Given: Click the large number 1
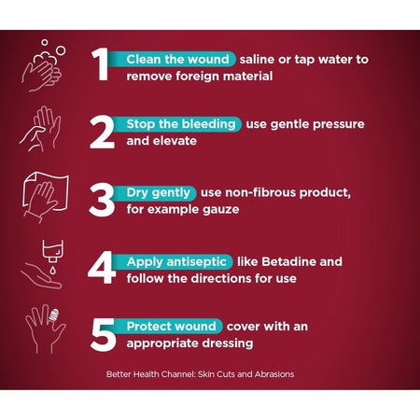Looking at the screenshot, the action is click(100, 64).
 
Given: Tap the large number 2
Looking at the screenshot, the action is click(102, 133).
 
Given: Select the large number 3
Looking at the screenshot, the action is click(102, 200).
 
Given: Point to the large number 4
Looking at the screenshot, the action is click(102, 268).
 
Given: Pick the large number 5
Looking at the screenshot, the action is click(104, 335).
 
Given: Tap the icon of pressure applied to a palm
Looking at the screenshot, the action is click(40, 129).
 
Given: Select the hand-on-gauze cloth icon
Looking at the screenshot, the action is click(46, 197).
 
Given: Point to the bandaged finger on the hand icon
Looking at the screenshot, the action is click(53, 315).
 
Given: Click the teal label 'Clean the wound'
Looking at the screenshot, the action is click(177, 59).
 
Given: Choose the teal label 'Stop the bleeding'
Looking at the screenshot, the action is click(180, 124).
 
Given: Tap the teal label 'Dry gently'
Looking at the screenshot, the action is click(158, 192).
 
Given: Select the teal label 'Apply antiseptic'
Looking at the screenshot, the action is click(176, 261).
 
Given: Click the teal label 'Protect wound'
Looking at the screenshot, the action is click(171, 327).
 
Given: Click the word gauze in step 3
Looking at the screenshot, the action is click(220, 210).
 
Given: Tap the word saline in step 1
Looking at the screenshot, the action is click(257, 59).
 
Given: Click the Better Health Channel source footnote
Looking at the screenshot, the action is click(200, 374).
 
